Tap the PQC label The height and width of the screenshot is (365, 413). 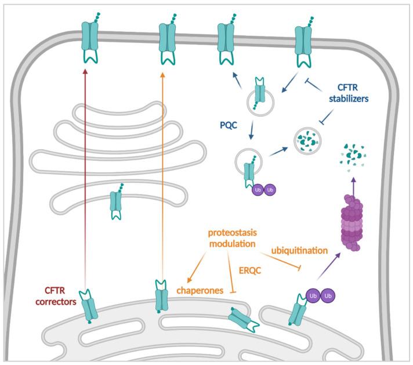tap(227, 124)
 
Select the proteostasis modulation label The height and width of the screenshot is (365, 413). tap(233, 238)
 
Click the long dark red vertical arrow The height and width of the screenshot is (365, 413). tap(85, 174)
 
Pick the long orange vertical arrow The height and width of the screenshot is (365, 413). tap(162, 174)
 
